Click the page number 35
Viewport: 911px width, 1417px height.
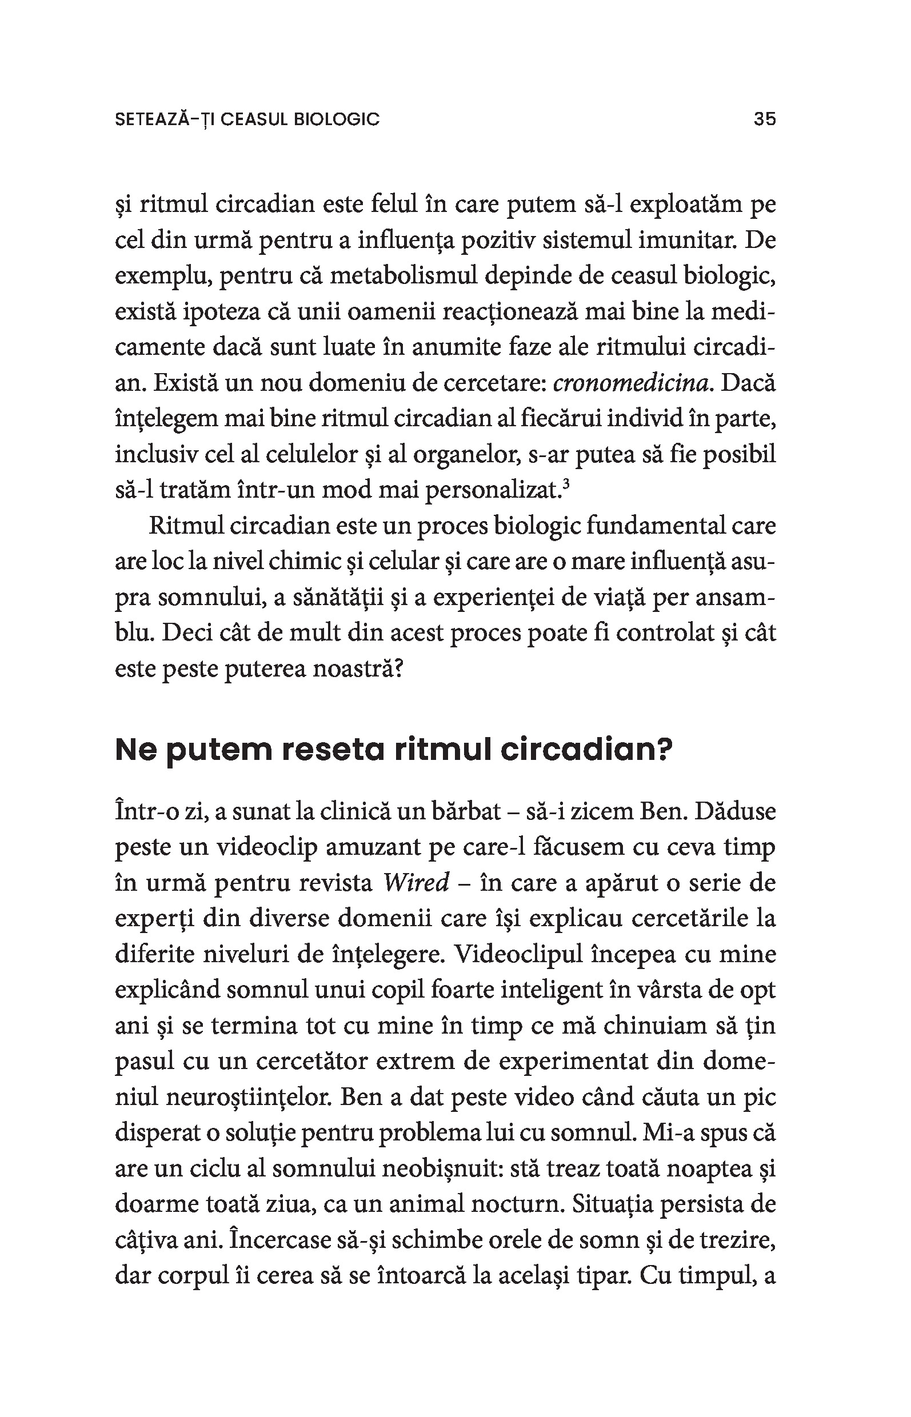coord(764,119)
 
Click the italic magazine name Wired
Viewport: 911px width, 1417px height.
coord(417,883)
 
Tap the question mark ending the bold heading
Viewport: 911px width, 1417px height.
coord(666,750)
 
